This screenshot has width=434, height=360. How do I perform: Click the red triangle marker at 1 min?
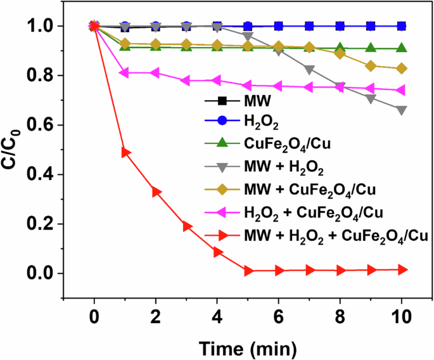125,153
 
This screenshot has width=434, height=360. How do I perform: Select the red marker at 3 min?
187,226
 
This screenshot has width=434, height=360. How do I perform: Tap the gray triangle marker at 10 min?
401,110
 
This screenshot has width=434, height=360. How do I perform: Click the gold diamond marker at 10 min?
401,68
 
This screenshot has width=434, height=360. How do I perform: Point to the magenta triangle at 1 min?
125,73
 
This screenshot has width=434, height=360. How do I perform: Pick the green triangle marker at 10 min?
401,48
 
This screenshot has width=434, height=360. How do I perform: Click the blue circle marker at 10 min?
401,26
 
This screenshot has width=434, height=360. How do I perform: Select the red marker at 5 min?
248,271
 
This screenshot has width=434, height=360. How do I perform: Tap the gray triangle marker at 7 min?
309,69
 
